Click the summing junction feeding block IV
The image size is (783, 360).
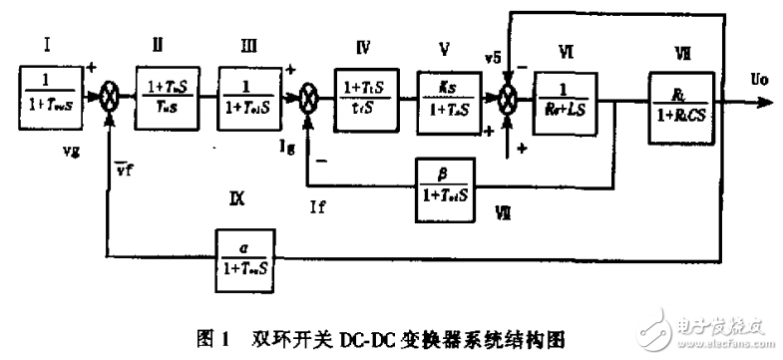(x=308, y=100)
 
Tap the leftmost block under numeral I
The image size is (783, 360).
(x=50, y=97)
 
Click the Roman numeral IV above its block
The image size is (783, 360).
(x=364, y=45)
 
